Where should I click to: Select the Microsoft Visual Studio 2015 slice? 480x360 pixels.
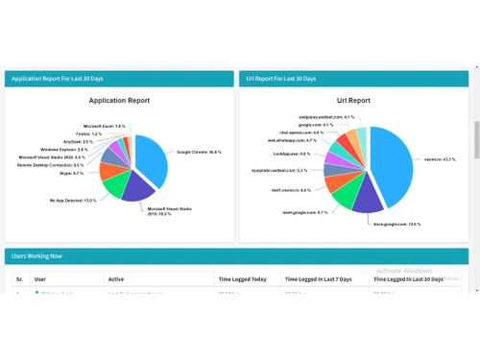136,186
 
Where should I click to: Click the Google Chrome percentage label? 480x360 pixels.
199,152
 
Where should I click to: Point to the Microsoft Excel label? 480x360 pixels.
104,126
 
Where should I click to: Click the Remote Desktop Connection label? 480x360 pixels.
52,164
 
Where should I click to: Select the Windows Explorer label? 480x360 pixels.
64,149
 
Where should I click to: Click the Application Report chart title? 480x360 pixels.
119,100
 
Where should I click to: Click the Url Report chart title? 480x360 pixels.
354,100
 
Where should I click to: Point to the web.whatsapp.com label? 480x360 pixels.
291,140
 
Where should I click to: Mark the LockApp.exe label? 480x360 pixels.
292,154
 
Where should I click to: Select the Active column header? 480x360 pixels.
116,279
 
